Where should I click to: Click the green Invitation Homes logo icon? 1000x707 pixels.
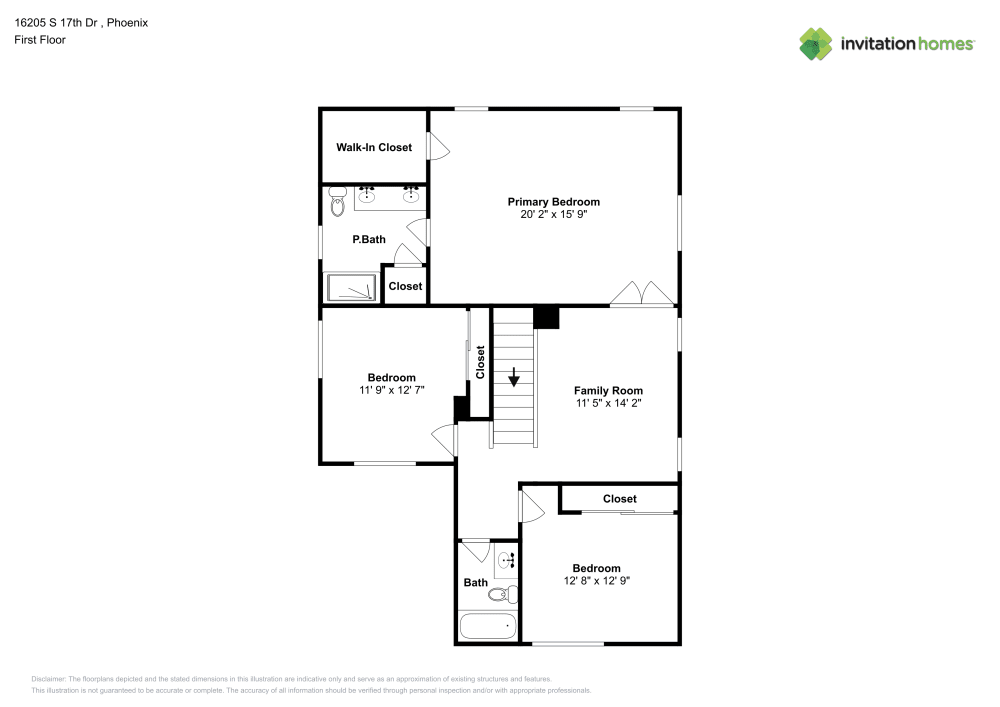[815, 43]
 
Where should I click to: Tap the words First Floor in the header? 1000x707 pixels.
[39, 40]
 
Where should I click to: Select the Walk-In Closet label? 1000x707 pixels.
[373, 148]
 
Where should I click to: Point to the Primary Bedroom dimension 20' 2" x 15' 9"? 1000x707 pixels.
[553, 214]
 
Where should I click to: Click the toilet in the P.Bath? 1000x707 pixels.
[336, 203]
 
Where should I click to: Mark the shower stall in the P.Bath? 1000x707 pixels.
[351, 287]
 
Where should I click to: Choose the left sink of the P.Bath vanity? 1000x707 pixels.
[367, 195]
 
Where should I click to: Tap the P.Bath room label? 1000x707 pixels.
[368, 240]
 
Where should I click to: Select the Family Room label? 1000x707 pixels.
[608, 391]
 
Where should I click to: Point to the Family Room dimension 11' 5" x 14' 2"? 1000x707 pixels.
[608, 404]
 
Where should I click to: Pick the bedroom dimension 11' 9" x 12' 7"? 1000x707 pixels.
[391, 391]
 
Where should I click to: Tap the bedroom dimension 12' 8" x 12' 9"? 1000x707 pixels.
[596, 581]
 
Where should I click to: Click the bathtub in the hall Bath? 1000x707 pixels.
[488, 627]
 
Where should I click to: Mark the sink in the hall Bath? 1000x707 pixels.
[507, 561]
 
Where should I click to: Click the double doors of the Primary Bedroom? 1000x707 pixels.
[642, 293]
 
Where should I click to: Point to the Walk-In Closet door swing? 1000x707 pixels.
[438, 147]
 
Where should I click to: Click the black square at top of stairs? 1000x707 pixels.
[546, 317]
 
